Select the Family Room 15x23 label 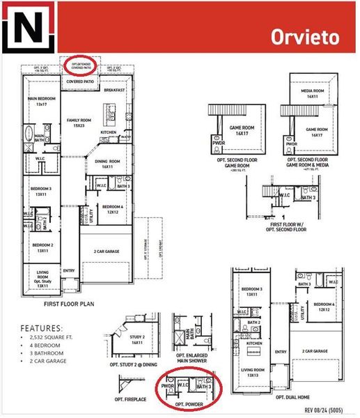(79, 123)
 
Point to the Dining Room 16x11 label (107, 164)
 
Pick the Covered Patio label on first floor (80, 82)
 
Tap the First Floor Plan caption (68, 304)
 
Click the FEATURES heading (41, 327)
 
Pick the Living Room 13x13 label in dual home (253, 372)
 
